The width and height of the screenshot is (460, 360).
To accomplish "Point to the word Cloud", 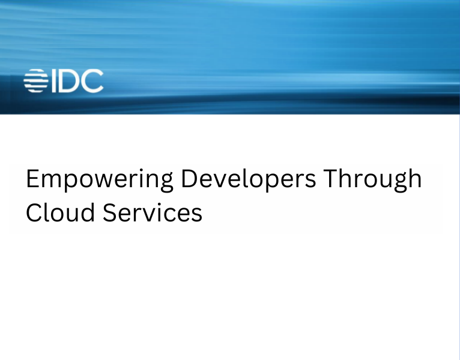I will click(x=60, y=213).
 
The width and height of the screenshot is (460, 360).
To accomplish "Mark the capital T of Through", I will click(x=335, y=179).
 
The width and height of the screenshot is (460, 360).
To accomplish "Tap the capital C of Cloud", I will click(x=35, y=213).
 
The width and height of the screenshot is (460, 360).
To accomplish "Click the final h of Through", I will click(x=414, y=179).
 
